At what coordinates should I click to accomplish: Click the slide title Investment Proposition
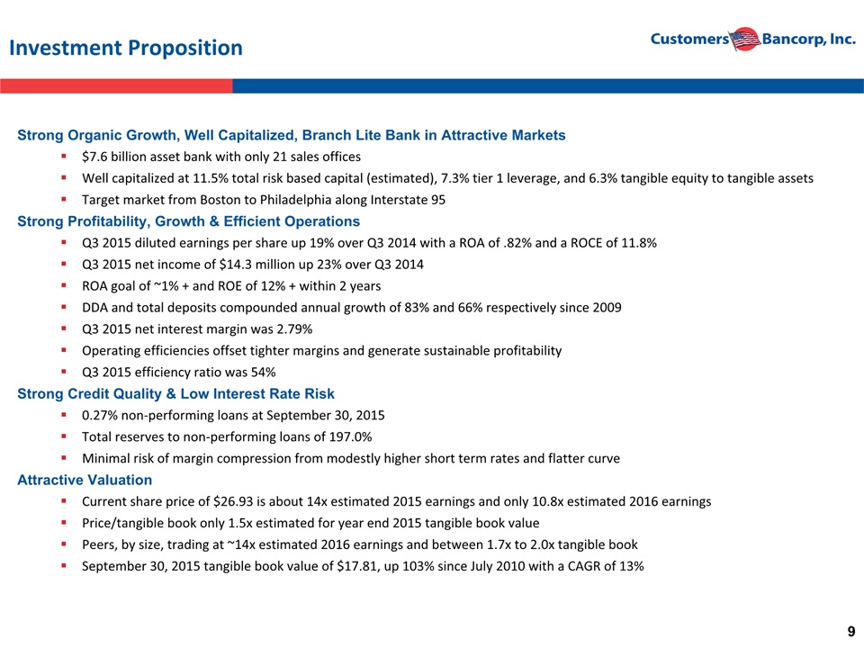tap(126, 48)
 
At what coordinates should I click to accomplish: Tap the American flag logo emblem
tap(744, 39)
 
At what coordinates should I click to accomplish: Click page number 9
tap(851, 632)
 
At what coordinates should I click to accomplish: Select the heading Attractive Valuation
tap(85, 480)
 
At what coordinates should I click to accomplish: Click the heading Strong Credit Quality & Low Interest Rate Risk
tap(175, 394)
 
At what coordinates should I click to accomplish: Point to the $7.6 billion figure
tap(107, 157)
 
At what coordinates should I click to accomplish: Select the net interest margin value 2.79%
tap(294, 329)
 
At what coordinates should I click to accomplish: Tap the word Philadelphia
tap(292, 200)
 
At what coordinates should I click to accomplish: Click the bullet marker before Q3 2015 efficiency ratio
tap(64, 372)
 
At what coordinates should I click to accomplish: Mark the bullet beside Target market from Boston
tap(64, 200)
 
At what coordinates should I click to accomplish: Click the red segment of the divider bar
tap(116, 86)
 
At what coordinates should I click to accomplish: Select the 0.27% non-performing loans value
tap(100, 416)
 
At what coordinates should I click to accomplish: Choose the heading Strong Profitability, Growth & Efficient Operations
tap(188, 221)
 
